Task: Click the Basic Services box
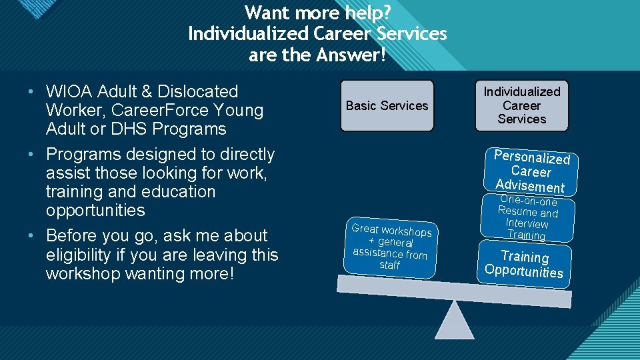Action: pyautogui.click(x=387, y=105)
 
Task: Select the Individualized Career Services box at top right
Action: pyautogui.click(x=521, y=105)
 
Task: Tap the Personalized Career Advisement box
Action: pyautogui.click(x=531, y=171)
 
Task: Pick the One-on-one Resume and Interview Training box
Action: pyautogui.click(x=527, y=217)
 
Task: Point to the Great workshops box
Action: pyautogui.click(x=391, y=247)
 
